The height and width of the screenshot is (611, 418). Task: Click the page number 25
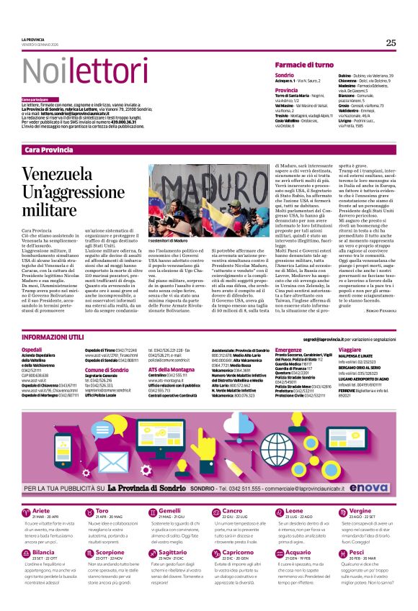tap(390, 43)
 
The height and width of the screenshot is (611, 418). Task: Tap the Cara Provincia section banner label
tap(48, 149)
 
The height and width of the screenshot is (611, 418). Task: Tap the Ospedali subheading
tap(32, 348)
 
